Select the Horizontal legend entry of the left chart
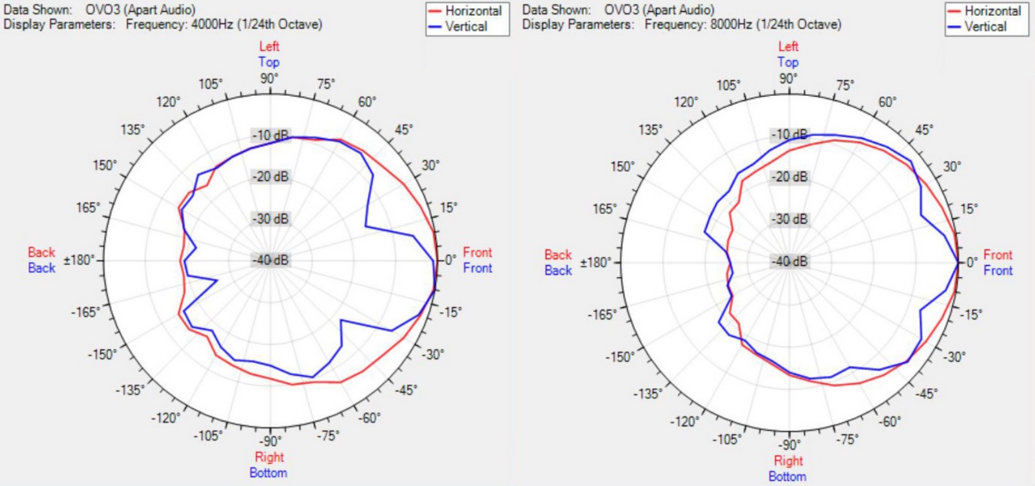click(x=473, y=11)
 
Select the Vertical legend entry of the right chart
click(x=985, y=27)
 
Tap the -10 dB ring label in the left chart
click(x=270, y=135)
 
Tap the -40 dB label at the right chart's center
click(x=789, y=261)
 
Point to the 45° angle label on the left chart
click(x=404, y=130)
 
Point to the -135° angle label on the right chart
click(x=648, y=394)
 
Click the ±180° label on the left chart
click(x=79, y=260)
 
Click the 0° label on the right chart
click(x=971, y=261)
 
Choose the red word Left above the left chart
click(x=269, y=46)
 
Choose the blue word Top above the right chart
click(x=788, y=62)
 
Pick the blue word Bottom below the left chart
click(x=268, y=473)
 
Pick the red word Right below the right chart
click(x=788, y=461)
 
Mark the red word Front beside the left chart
click(x=477, y=252)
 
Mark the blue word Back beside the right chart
click(x=558, y=270)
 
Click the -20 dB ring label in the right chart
click(x=789, y=177)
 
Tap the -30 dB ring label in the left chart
click(x=270, y=219)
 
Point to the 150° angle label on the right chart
click(x=622, y=167)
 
